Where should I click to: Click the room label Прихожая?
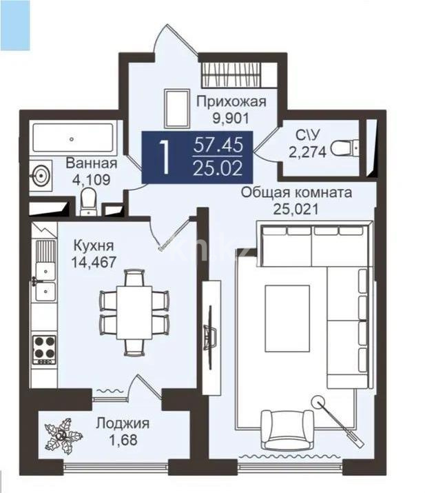tap(231, 102)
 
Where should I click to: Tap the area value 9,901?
tap(231, 117)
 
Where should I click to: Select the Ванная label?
tap(92, 163)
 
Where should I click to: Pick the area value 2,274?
tap(307, 151)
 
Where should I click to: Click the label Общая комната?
tap(296, 192)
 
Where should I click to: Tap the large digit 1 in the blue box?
tap(164, 157)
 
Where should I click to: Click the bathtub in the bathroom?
tap(72, 138)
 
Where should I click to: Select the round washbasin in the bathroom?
tap(40, 174)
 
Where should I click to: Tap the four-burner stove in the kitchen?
tap(44, 349)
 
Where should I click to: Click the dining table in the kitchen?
tap(134, 312)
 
